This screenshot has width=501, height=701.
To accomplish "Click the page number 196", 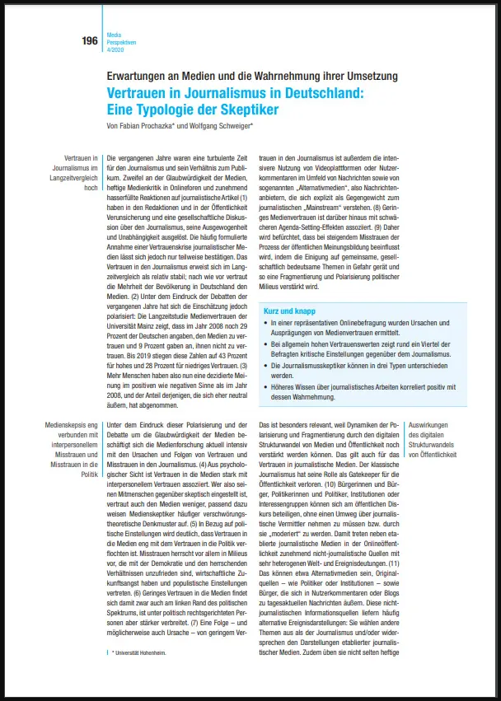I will point(89,40).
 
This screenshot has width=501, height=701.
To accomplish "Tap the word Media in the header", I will point(113,35).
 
